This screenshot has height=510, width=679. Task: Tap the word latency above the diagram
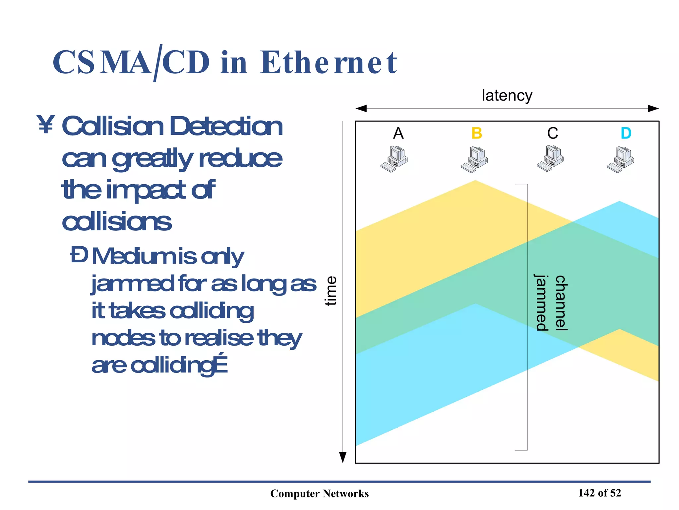507,96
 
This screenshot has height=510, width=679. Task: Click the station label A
398,133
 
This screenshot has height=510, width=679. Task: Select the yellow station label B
476,133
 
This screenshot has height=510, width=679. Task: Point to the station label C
552,133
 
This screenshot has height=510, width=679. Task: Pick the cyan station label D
626,133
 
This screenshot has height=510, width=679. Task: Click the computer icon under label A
394,159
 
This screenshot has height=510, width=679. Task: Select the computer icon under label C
550,158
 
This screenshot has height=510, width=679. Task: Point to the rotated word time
331,291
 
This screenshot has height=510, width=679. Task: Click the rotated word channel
561,303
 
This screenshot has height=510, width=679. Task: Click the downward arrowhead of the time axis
343,457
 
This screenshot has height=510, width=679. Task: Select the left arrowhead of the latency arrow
361,109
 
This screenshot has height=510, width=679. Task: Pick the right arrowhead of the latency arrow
653,109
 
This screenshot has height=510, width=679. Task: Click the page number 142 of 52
599,493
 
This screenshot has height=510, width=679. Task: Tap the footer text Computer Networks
319,494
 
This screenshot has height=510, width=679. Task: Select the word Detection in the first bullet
226,126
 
